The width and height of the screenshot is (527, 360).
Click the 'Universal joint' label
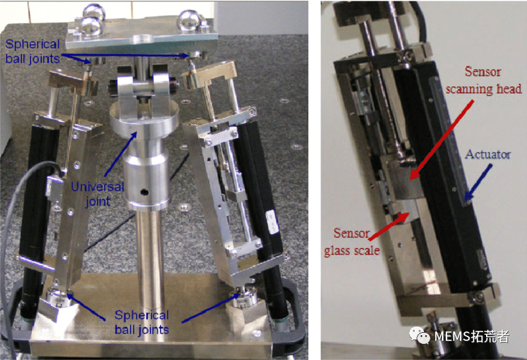click(97, 194)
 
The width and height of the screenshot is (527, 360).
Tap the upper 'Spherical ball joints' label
click(33, 51)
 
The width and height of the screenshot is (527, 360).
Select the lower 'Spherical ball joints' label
click(141, 322)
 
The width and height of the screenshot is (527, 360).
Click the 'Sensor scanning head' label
click(484, 81)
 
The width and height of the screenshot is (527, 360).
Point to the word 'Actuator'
click(488, 154)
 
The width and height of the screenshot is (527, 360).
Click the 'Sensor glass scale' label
click(352, 242)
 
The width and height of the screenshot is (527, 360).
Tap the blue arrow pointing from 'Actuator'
click(478, 183)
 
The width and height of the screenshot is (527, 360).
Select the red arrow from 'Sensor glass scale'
click(389, 226)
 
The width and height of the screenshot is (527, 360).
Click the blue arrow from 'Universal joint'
click(121, 154)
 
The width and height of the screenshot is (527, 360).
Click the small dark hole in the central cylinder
click(144, 193)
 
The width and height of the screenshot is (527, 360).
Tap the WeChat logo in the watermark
click(419, 336)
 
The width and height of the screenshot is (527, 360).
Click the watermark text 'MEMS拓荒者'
click(472, 336)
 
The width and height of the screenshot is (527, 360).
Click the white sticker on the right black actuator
click(272, 222)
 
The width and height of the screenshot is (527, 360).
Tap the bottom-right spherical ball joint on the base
click(244, 297)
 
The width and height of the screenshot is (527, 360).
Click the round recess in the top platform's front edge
click(143, 39)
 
